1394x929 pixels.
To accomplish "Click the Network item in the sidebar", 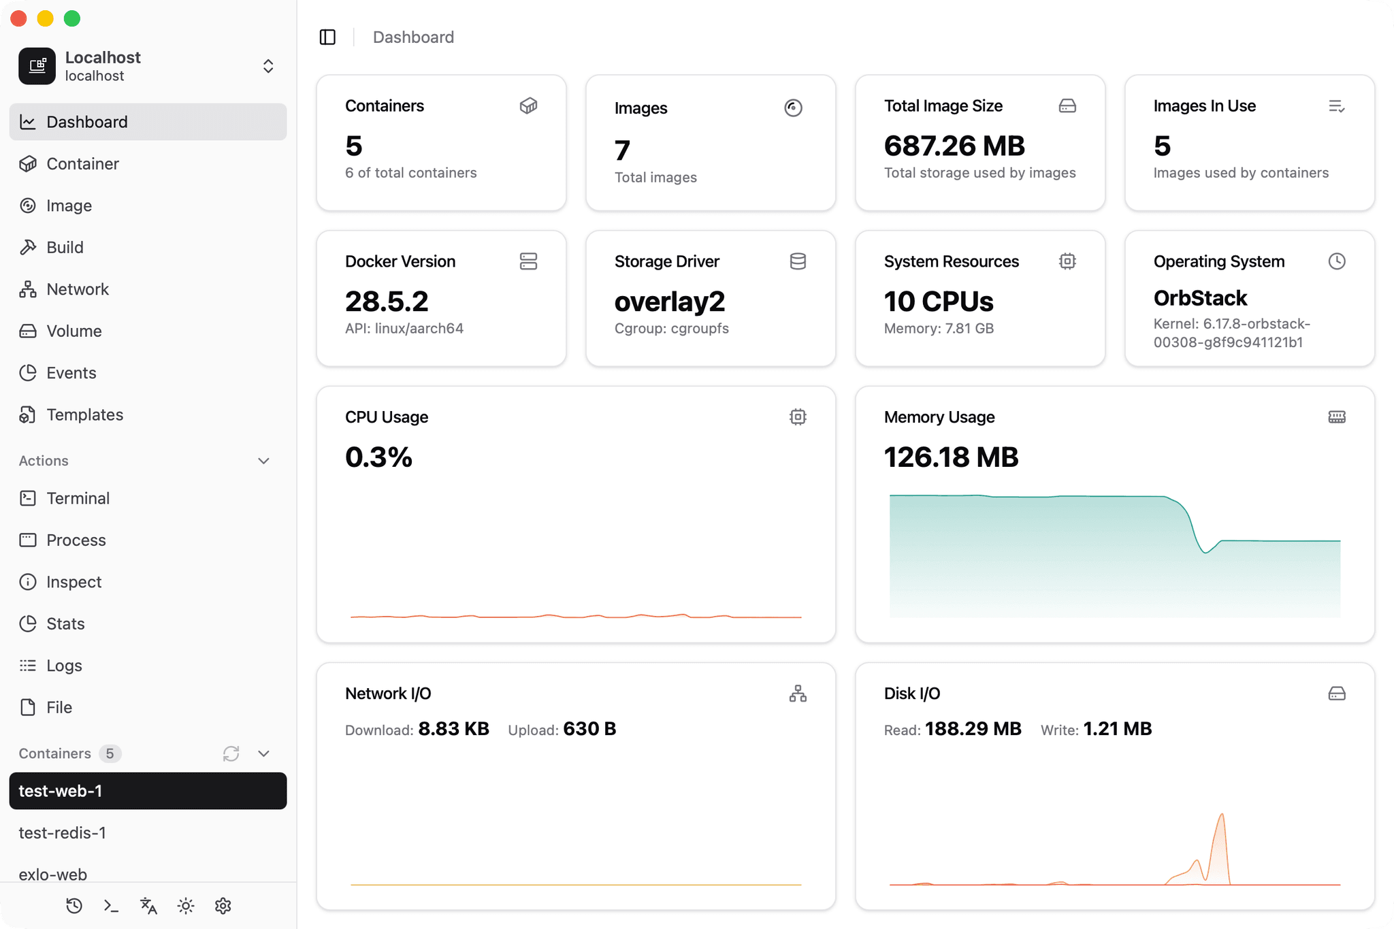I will (x=77, y=289).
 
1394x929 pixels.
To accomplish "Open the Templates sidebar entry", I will (x=84, y=414).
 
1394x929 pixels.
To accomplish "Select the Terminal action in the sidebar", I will (x=78, y=498).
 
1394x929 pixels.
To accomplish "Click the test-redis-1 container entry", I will (x=62, y=832).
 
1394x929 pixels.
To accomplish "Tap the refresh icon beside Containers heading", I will (x=231, y=753).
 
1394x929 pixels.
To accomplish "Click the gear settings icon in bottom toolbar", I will (x=223, y=906).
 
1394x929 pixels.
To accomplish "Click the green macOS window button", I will (x=72, y=18).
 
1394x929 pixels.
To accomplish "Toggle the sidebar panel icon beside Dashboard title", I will (x=327, y=37).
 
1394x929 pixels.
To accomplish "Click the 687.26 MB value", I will (x=954, y=146).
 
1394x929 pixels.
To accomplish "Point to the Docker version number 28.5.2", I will (x=386, y=301).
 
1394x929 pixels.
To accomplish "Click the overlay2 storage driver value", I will (x=669, y=301).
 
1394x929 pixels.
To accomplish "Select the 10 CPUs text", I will (x=938, y=301).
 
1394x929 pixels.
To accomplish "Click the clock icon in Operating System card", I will (x=1336, y=261).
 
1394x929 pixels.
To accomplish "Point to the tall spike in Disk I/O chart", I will (x=1222, y=817).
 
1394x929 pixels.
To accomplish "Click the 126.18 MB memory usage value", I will (x=950, y=457).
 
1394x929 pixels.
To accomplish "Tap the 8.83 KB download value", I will (x=453, y=729).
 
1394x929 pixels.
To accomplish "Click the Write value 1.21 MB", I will (x=1117, y=729).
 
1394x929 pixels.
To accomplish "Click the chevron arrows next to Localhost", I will (x=268, y=66).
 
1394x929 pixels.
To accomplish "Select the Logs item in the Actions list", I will (x=64, y=666).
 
